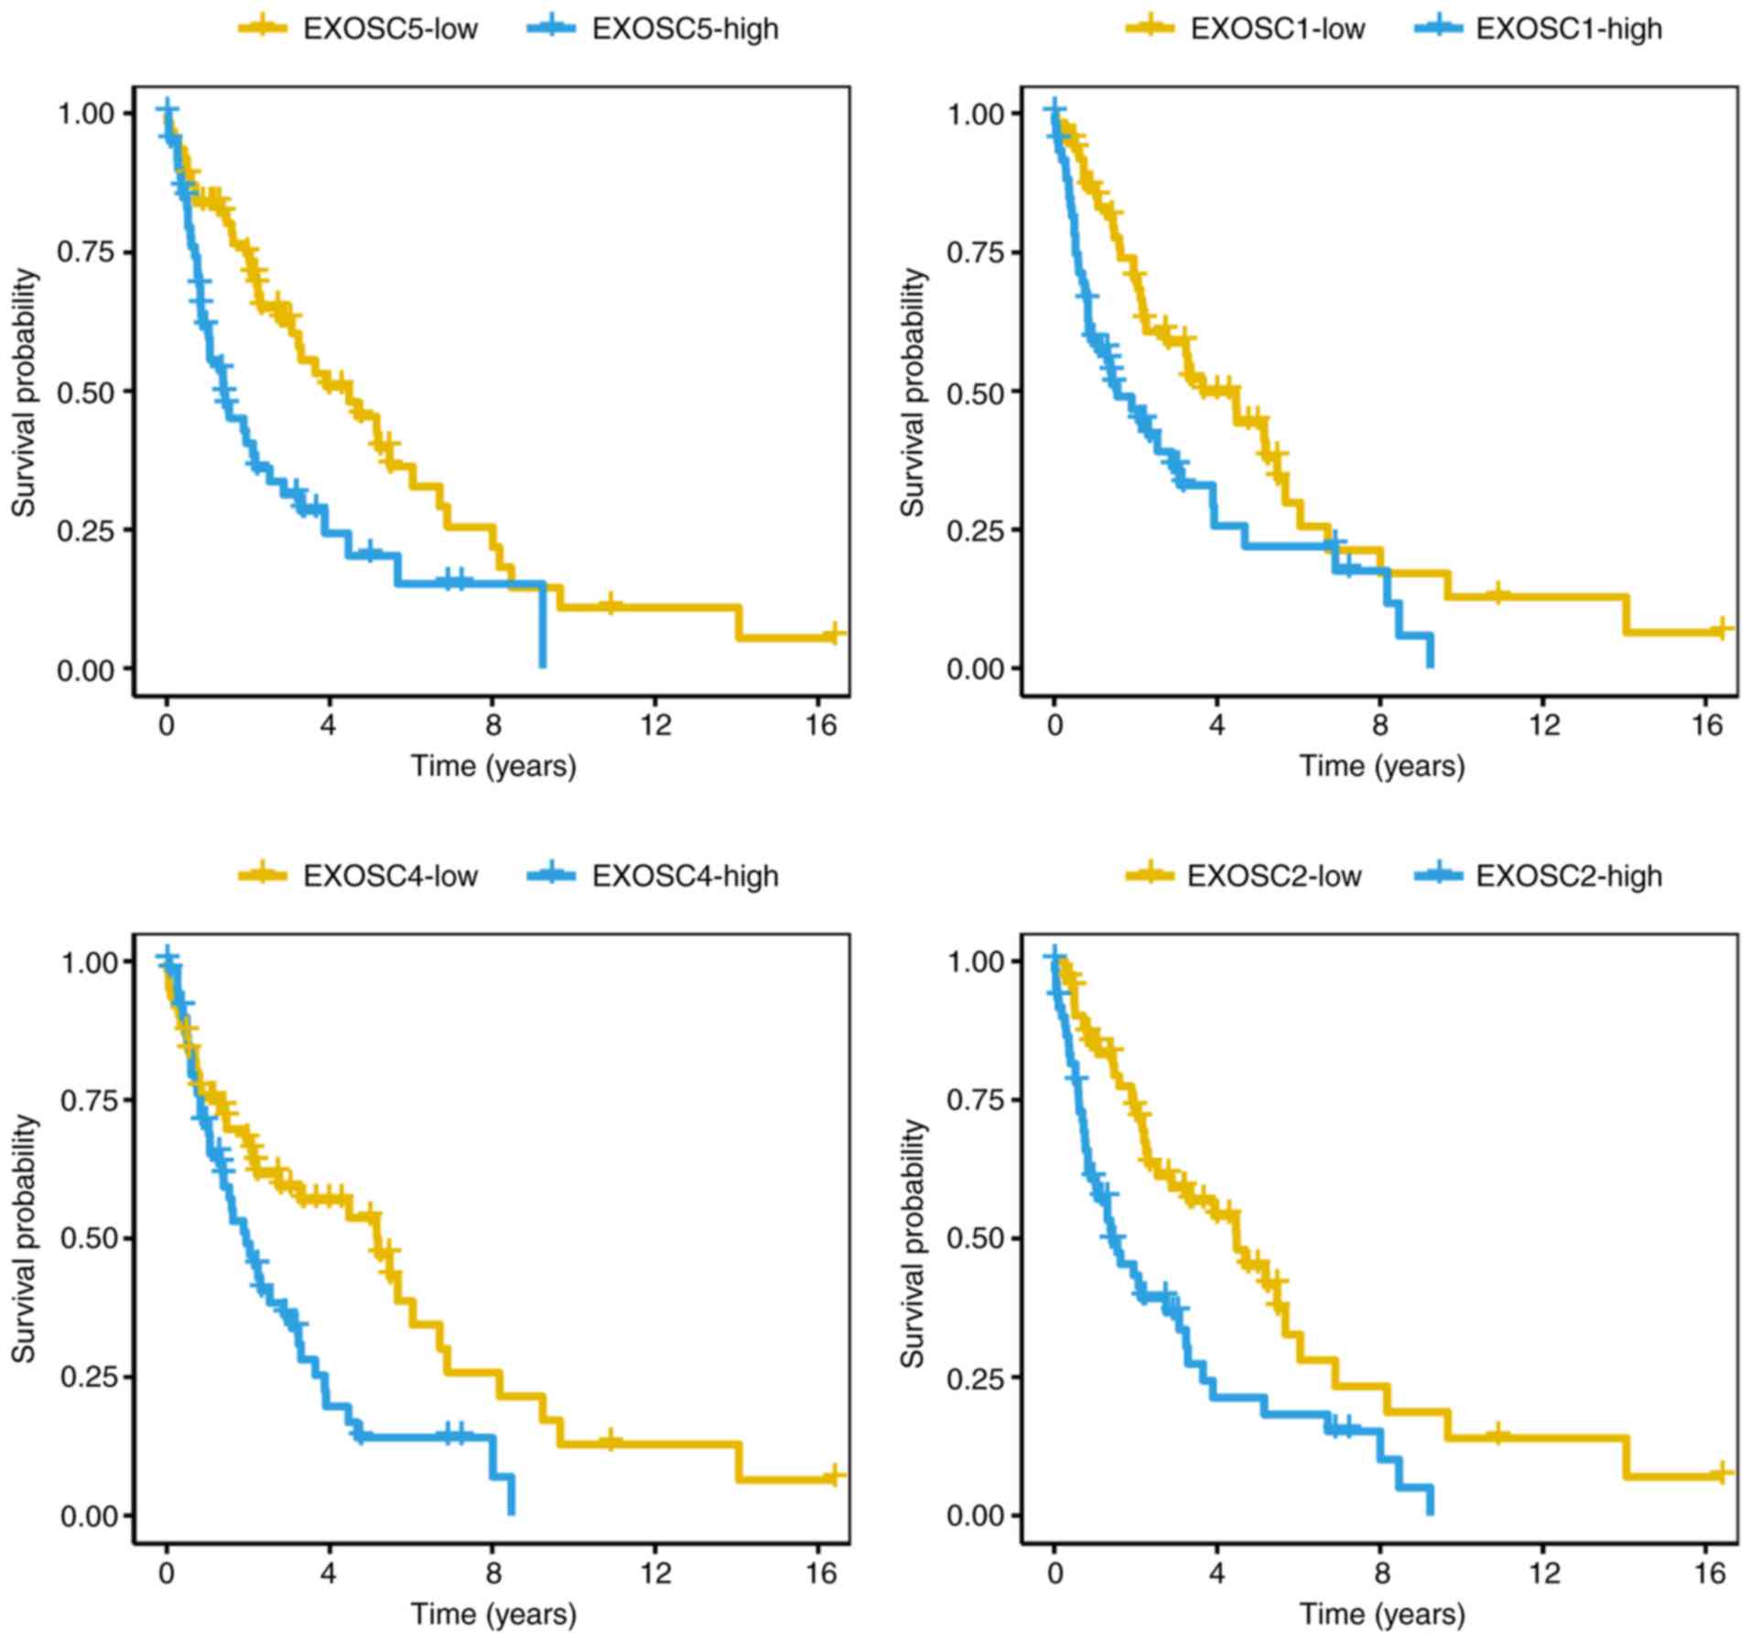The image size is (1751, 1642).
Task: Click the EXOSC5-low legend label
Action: pyautogui.click(x=390, y=28)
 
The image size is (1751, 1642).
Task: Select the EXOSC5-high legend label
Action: pyautogui.click(x=685, y=28)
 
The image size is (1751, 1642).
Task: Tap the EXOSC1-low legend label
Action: pyautogui.click(x=1277, y=28)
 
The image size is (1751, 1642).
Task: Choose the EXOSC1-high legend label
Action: pyautogui.click(x=1569, y=28)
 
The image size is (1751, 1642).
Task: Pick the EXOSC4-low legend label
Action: pyautogui.click(x=390, y=876)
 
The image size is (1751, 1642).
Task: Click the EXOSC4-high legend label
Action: pyautogui.click(x=685, y=876)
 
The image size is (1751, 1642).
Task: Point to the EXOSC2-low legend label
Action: pyautogui.click(x=1274, y=876)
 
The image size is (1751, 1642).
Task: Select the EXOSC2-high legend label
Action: pyautogui.click(x=1569, y=876)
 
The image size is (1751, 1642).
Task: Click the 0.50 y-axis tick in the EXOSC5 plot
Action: pyautogui.click(x=87, y=392)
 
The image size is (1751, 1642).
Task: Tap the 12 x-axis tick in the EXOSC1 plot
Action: pyautogui.click(x=1543, y=725)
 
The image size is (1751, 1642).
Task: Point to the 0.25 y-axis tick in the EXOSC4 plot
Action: pyautogui.click(x=89, y=1377)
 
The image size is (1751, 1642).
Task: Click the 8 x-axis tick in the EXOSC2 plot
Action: pyautogui.click(x=1380, y=1572)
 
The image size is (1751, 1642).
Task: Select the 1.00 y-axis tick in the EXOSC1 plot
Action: pyautogui.click(x=976, y=114)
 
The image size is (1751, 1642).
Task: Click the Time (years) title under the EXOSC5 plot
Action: pyautogui.click(x=493, y=765)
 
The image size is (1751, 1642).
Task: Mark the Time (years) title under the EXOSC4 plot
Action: pyautogui.click(x=493, y=1613)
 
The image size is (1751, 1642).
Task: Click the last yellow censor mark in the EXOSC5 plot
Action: pyautogui.click(x=832, y=633)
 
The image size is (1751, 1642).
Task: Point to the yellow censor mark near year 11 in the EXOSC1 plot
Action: pyautogui.click(x=1497, y=593)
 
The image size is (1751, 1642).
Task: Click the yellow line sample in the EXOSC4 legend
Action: pyautogui.click(x=263, y=876)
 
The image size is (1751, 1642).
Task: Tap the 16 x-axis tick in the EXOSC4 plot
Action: pyautogui.click(x=822, y=1572)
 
